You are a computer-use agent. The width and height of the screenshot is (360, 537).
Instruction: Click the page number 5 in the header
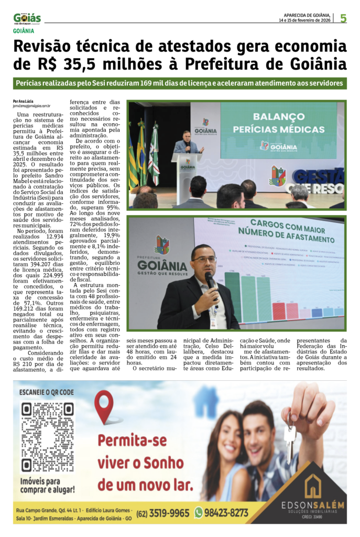343,18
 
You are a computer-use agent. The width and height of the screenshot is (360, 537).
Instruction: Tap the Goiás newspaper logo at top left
27,19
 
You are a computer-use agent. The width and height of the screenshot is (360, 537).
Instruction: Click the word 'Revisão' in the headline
49,47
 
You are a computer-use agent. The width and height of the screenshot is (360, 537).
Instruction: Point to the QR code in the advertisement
47,438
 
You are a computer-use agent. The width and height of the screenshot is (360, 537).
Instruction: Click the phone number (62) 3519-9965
163,513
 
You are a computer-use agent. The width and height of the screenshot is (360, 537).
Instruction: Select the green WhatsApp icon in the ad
199,512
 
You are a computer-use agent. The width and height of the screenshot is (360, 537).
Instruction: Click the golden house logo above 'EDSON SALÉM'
313,486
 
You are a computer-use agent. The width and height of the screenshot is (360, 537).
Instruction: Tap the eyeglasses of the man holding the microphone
204,259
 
